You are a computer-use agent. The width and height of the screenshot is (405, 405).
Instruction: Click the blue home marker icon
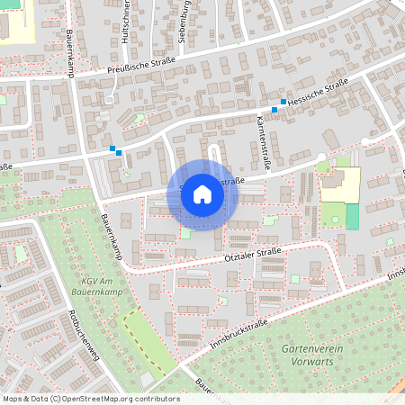pyautogui.click(x=202, y=194)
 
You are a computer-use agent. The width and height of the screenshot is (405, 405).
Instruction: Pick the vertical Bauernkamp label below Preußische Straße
pyautogui.click(x=70, y=53)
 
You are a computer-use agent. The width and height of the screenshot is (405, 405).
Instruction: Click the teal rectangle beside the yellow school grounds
pyautogui.click(x=352, y=216)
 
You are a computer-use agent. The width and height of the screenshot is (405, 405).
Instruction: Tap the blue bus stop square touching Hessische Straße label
pyautogui.click(x=283, y=102)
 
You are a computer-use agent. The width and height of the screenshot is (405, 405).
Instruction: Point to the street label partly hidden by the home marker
pyautogui.click(x=229, y=183)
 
